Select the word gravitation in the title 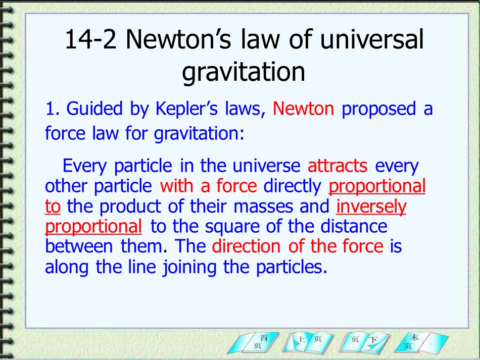coord(244,72)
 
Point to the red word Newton coord(303,109)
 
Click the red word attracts coord(338,166)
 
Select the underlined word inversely coord(371,206)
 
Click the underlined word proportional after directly coord(377,186)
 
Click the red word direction coord(246,246)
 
